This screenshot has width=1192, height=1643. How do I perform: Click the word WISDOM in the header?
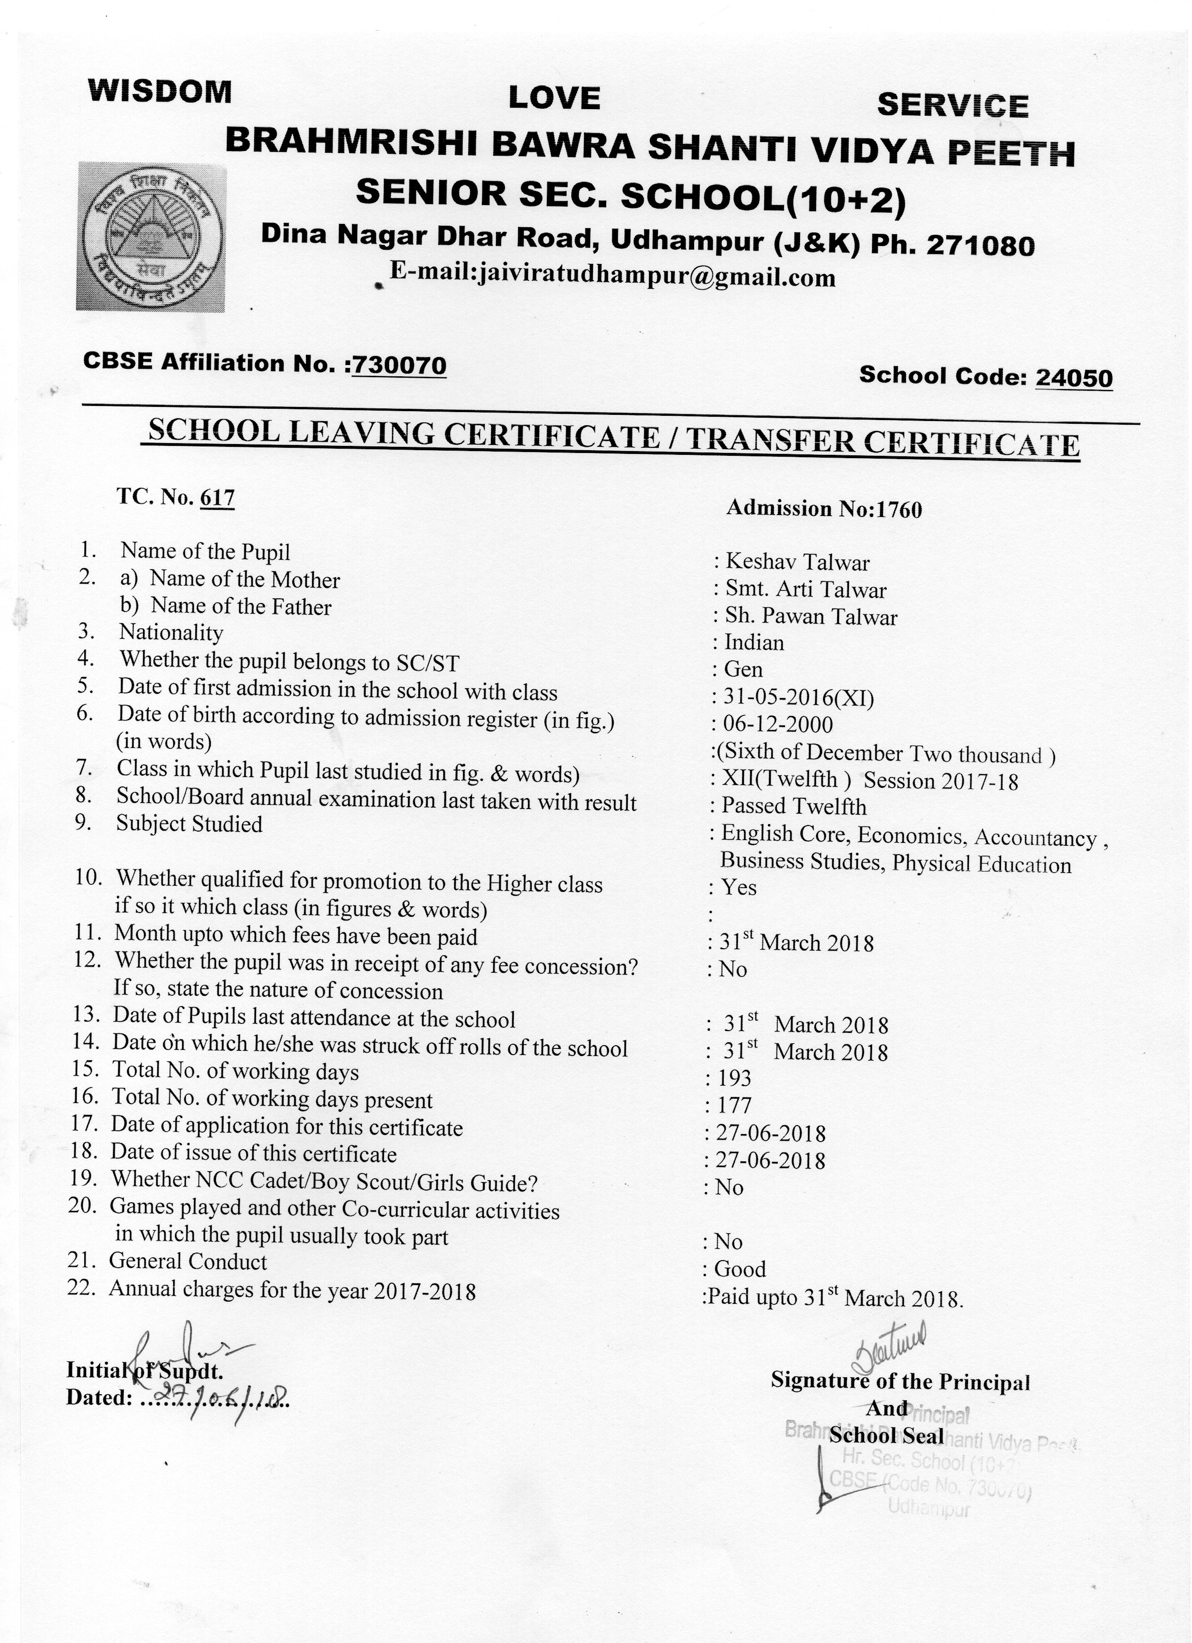pos(160,92)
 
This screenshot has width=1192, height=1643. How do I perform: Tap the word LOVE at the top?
pos(554,98)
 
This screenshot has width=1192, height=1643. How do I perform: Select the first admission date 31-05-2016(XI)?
pos(798,698)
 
